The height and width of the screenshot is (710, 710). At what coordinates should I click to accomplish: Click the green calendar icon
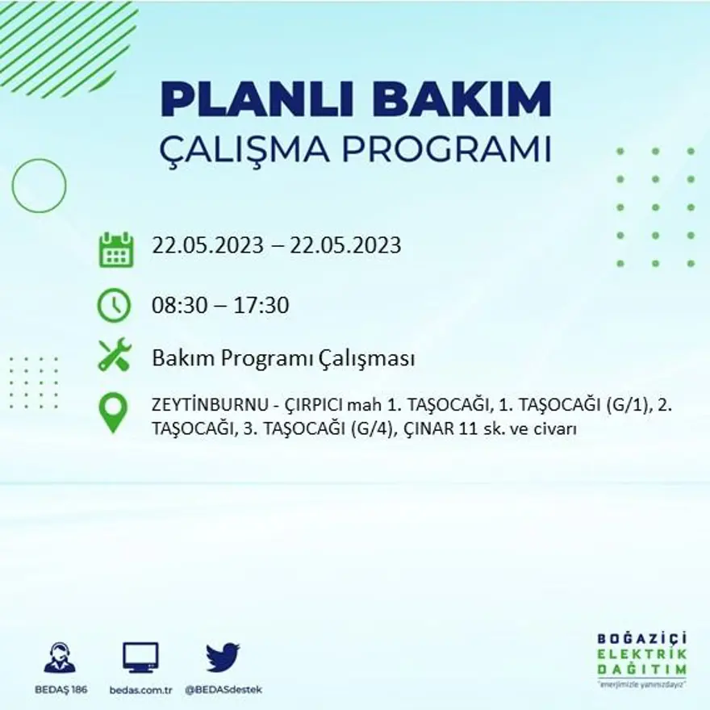click(x=115, y=249)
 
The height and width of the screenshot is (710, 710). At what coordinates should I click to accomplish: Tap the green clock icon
click(x=114, y=304)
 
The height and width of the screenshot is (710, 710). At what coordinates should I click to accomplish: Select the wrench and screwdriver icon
click(x=114, y=355)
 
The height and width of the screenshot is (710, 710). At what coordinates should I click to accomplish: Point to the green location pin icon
click(x=113, y=411)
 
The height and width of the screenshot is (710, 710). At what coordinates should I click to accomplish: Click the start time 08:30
click(x=176, y=306)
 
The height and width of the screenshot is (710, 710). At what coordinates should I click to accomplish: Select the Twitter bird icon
click(x=223, y=658)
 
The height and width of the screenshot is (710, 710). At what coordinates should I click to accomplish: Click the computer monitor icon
click(x=140, y=658)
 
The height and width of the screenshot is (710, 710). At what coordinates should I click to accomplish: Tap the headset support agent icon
click(x=60, y=658)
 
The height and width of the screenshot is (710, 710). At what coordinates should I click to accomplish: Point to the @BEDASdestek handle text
click(x=223, y=690)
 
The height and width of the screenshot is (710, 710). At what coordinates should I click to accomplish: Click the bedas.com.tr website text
click(x=140, y=690)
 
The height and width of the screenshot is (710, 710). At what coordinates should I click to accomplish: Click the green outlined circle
click(x=39, y=186)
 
